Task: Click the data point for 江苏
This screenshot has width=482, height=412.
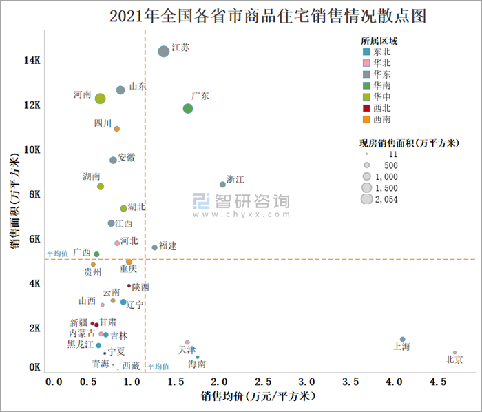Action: coord(163,52)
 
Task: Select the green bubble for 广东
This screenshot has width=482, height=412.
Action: coord(188,109)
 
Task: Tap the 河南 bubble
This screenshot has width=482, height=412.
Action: coord(101,99)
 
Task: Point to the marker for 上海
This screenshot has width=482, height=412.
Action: coord(402,339)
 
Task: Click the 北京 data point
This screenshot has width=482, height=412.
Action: coord(454,353)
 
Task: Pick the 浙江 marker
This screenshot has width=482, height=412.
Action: coord(222,184)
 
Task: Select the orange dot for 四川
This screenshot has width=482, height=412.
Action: coord(117,129)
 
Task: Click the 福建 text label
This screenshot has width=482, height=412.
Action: coord(168,245)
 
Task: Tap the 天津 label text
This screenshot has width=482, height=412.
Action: coord(187,350)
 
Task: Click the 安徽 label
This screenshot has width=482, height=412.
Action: coord(127,158)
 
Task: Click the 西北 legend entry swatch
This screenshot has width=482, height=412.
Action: coord(366,107)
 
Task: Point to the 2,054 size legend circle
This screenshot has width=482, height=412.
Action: coord(366,200)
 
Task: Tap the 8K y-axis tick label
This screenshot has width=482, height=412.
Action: coord(32,194)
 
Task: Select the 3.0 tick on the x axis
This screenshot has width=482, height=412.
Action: coord(308,381)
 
